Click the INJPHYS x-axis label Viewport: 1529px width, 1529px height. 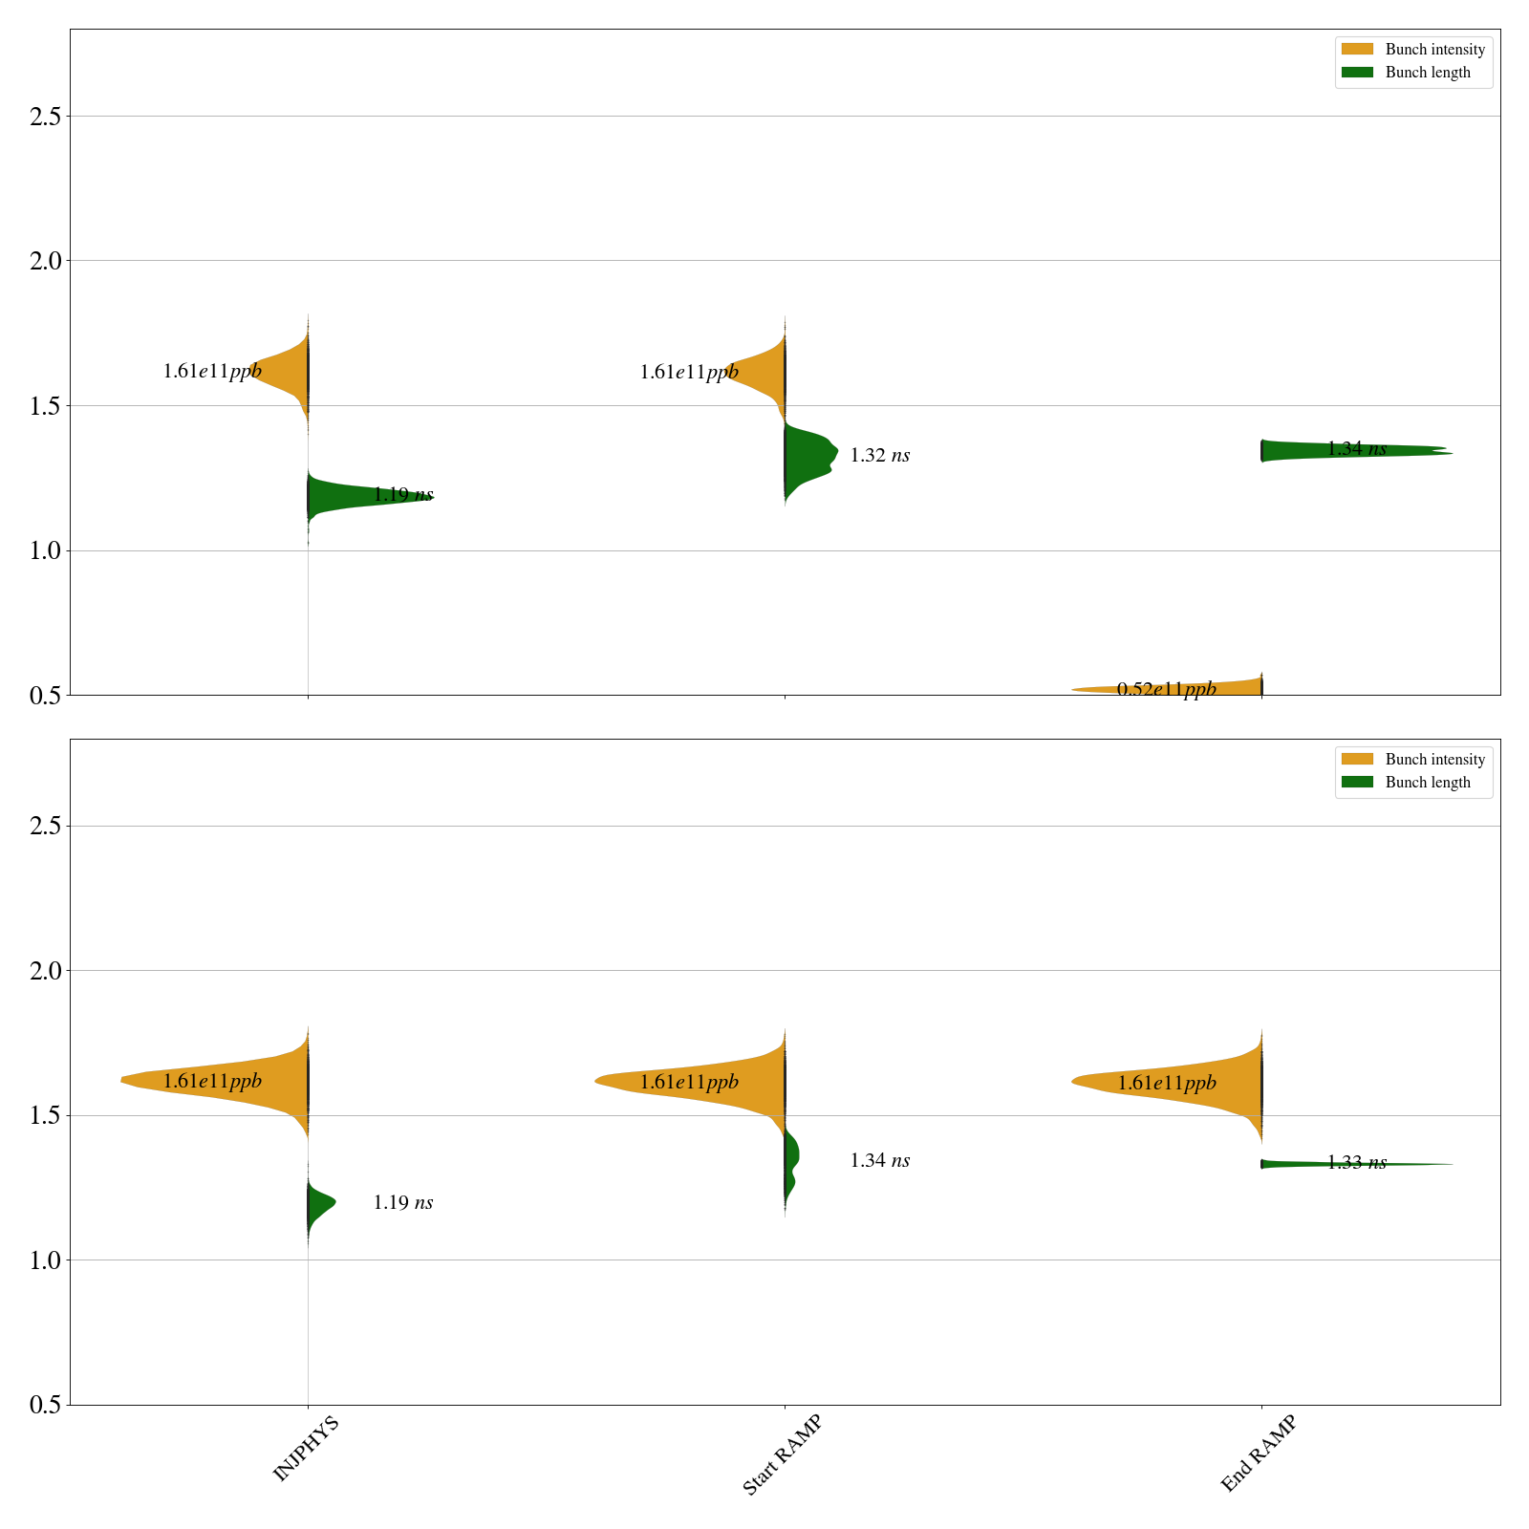tap(306, 1449)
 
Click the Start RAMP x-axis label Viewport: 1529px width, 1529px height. tap(782, 1454)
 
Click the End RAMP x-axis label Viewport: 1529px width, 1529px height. tap(1259, 1453)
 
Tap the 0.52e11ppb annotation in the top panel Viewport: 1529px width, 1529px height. tap(1167, 689)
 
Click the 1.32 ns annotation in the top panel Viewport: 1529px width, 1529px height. tap(880, 456)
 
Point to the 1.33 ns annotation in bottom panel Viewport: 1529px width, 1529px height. tap(1357, 1163)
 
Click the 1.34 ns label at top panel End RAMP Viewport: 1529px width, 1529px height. tap(1357, 449)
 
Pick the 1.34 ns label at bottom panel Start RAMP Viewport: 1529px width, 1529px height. tap(880, 1161)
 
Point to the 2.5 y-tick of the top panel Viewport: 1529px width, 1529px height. tap(45, 117)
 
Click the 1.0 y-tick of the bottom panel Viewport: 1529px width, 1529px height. tap(45, 1260)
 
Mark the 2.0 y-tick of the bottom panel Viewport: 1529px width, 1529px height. tap(45, 971)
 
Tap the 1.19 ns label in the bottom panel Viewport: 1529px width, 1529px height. tap(403, 1203)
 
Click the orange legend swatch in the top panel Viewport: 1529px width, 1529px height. tap(1357, 50)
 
